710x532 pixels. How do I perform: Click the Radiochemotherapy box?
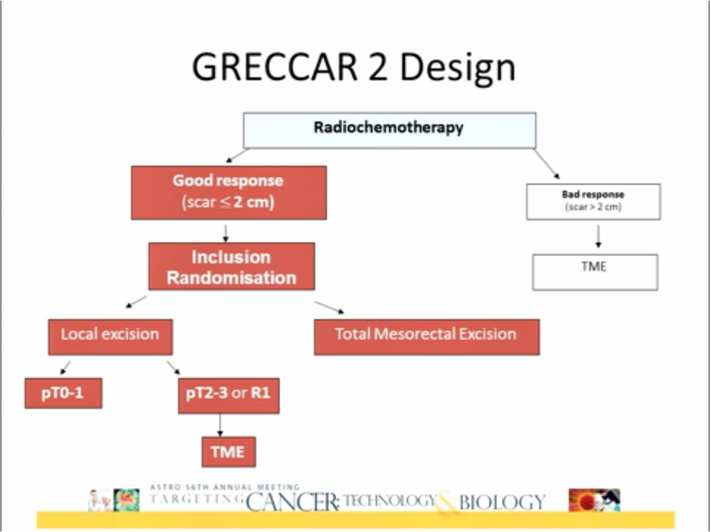click(389, 129)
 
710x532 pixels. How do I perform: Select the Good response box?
click(228, 192)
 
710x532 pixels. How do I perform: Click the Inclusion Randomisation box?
click(231, 266)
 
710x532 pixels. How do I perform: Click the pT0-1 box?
click(63, 393)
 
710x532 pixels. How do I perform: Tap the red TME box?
click(228, 451)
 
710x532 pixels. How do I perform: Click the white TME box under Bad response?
click(595, 272)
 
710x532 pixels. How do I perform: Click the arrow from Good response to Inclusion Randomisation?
click(225, 232)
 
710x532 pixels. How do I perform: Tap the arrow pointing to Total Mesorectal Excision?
click(329, 307)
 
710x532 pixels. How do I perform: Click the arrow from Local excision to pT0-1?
click(65, 367)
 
